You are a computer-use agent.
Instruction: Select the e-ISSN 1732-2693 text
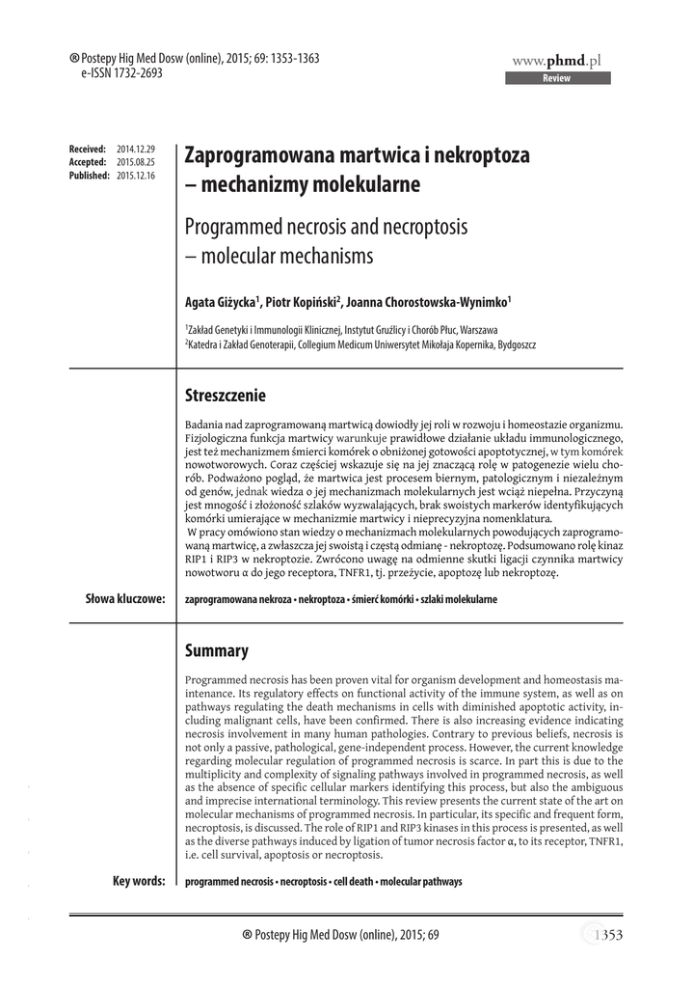coord(108,72)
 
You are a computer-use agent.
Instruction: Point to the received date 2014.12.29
coord(135,150)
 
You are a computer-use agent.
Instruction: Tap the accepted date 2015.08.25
coord(135,163)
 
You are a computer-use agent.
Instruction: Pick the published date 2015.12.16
coord(135,177)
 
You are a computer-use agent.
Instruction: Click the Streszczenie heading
coord(225,397)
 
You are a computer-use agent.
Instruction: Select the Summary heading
coord(216,651)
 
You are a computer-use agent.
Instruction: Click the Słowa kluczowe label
coord(125,599)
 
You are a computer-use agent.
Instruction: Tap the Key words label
coord(139,881)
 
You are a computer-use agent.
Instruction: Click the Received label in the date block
coord(88,150)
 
